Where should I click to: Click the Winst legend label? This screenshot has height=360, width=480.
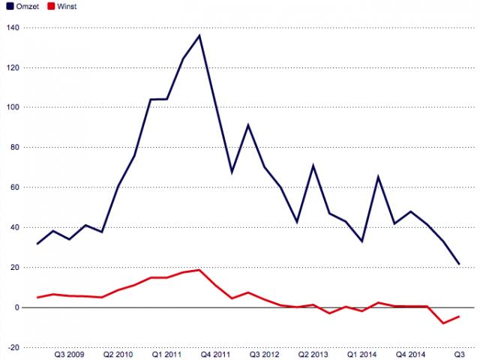(65, 5)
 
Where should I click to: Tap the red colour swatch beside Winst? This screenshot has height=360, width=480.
(49, 5)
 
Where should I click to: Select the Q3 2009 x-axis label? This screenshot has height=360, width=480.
(70, 353)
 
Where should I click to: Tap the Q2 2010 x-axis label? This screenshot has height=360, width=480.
(118, 353)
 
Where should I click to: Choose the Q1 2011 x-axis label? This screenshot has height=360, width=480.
(166, 353)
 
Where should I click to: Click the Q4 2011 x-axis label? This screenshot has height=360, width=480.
(216, 353)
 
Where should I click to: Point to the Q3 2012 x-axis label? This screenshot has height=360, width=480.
(265, 353)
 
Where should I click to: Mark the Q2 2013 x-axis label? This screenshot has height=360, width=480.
(313, 353)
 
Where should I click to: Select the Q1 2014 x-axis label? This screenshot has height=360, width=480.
(362, 353)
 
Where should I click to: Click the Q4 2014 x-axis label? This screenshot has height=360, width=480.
(411, 353)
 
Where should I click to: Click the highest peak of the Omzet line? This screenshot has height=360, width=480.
(199, 35)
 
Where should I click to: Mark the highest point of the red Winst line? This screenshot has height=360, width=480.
(199, 270)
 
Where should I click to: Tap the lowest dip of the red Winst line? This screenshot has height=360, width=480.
(443, 323)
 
